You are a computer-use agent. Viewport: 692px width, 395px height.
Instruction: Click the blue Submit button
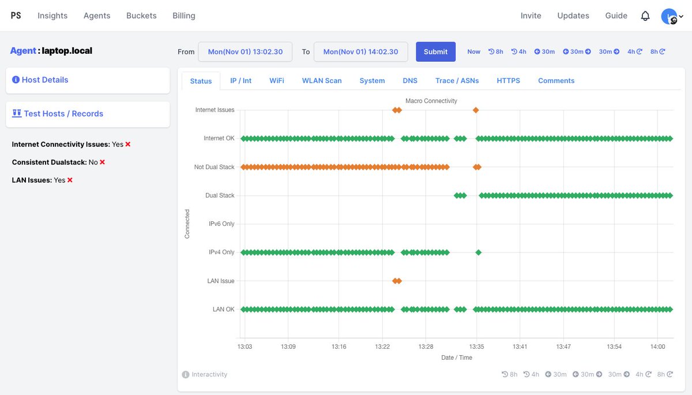tap(435, 51)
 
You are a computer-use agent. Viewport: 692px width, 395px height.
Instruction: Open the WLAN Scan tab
tap(322, 81)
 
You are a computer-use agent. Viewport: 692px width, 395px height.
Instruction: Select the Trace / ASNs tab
tap(457, 81)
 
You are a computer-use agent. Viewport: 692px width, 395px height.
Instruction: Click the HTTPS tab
tap(508, 81)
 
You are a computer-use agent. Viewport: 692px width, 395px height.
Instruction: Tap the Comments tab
tap(556, 81)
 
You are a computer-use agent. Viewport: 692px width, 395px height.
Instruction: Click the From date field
tap(245, 51)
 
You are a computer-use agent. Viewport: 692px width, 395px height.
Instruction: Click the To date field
tap(360, 51)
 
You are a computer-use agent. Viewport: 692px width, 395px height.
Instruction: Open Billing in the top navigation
tap(183, 16)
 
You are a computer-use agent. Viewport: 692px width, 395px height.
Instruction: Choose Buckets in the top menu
tap(141, 16)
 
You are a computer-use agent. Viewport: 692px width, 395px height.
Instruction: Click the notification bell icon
tap(645, 16)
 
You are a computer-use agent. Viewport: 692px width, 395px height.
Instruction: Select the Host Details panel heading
tap(45, 80)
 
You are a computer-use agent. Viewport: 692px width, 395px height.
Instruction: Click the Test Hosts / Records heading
tap(63, 114)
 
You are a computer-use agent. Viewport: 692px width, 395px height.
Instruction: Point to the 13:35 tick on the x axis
tap(476, 346)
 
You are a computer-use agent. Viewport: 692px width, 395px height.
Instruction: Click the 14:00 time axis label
tap(657, 346)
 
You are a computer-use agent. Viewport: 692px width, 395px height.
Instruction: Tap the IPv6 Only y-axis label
tap(221, 223)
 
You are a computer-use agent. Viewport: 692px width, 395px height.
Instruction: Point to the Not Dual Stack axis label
tap(215, 167)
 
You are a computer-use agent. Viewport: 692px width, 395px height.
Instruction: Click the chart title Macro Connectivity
tap(431, 100)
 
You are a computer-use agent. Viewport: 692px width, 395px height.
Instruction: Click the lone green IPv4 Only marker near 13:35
tap(478, 252)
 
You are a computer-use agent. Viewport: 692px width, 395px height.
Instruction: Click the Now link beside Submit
tap(473, 51)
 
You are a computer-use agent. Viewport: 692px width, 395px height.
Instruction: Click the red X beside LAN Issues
tap(70, 180)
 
